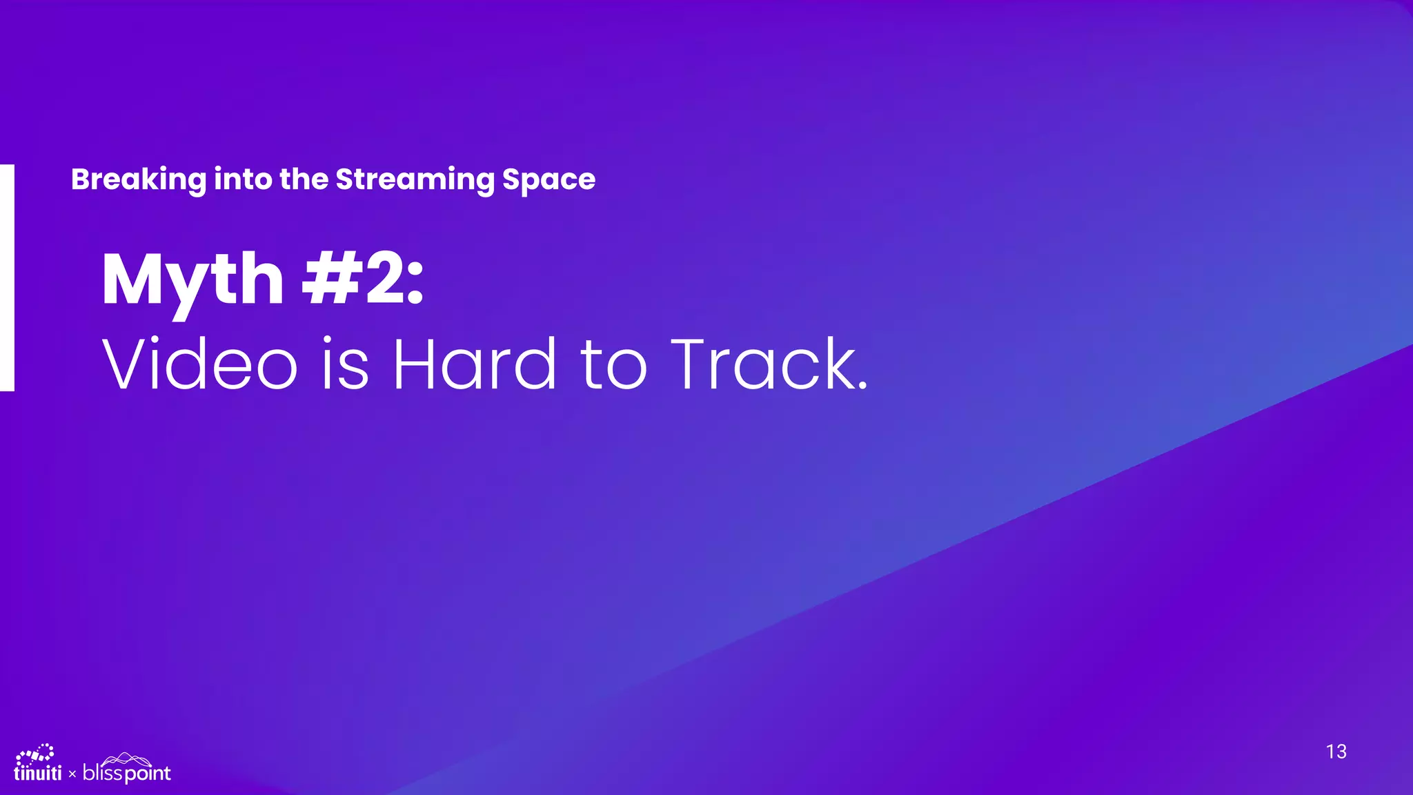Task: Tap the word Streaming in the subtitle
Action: coord(414,180)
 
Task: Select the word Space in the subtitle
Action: coord(549,180)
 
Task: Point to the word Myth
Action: coord(192,279)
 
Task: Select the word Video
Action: coord(199,364)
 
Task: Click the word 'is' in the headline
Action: coord(345,364)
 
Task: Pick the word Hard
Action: coord(474,364)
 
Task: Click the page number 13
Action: coord(1336,752)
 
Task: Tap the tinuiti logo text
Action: coord(38,774)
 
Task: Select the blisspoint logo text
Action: coord(126,773)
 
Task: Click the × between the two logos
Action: coord(72,775)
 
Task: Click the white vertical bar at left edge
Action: coord(7,277)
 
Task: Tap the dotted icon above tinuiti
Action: coord(35,754)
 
